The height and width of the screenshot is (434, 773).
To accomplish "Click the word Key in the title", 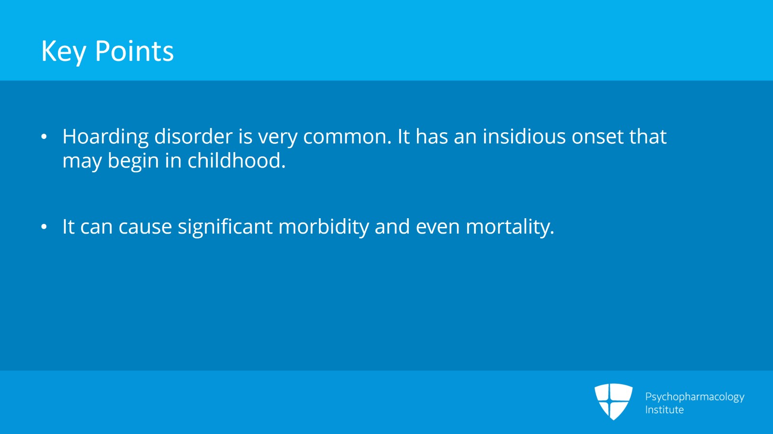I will (x=63, y=51).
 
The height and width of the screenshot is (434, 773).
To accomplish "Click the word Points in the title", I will (x=134, y=51).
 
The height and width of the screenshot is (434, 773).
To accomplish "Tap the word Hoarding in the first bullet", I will (x=105, y=137).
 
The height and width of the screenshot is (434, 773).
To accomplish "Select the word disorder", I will (x=193, y=137).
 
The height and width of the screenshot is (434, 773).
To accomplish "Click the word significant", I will (x=225, y=227).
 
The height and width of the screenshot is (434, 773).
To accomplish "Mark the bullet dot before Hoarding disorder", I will (x=44, y=137).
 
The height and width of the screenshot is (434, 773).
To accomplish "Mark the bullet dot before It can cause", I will (x=44, y=227).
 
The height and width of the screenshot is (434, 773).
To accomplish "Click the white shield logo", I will (x=613, y=401).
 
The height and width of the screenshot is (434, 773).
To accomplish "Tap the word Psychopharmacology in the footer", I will (x=694, y=397).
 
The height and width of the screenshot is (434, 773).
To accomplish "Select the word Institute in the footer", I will (x=664, y=410).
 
